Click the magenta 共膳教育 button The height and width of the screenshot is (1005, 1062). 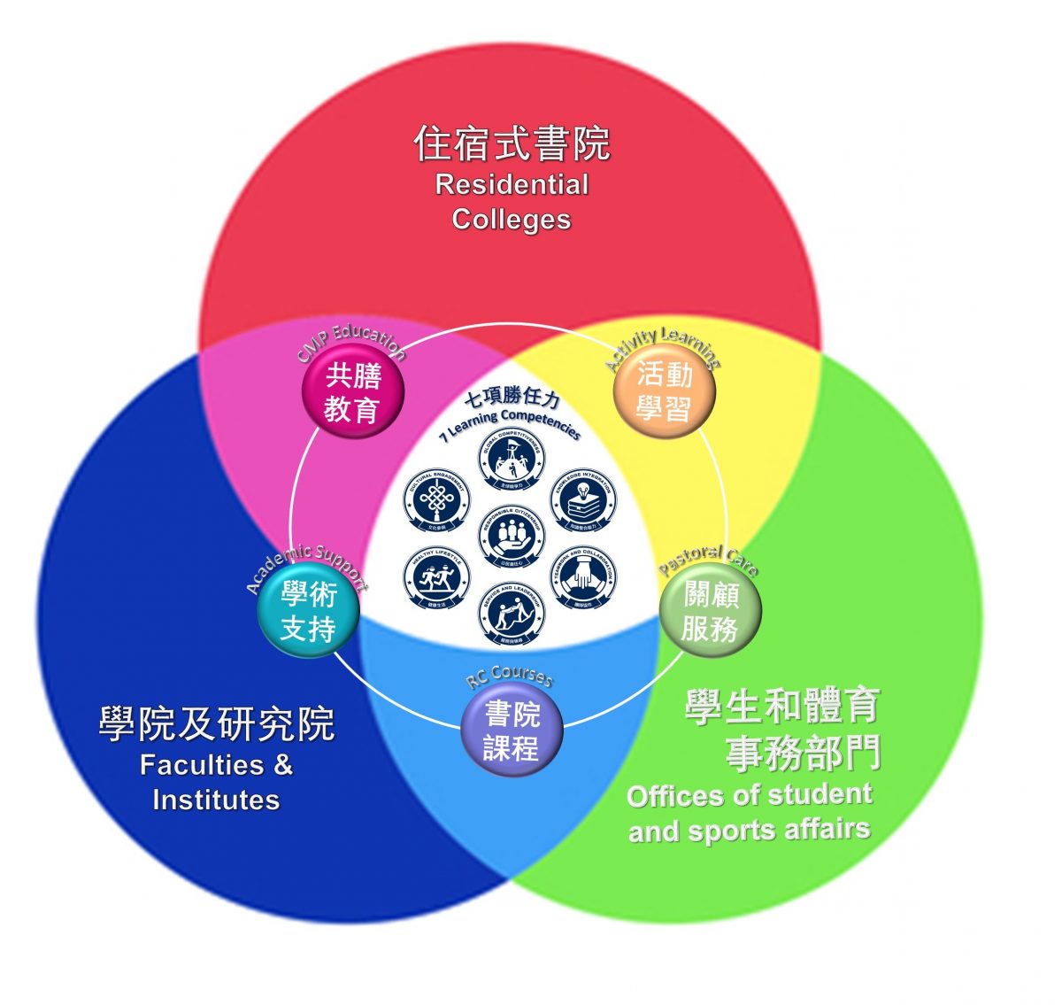[353, 393]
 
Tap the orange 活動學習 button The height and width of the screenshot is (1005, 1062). [665, 392]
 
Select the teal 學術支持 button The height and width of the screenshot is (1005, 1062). [309, 612]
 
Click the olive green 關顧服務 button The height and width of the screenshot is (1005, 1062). [710, 612]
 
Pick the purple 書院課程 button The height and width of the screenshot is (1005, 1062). [512, 731]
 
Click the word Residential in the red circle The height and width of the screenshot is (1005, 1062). [512, 184]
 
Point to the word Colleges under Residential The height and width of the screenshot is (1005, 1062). [512, 219]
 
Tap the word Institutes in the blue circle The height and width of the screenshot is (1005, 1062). [216, 800]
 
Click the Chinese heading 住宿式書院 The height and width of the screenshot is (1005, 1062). [512, 144]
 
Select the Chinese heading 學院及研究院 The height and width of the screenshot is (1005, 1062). [217, 724]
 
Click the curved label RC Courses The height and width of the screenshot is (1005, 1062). [510, 676]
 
